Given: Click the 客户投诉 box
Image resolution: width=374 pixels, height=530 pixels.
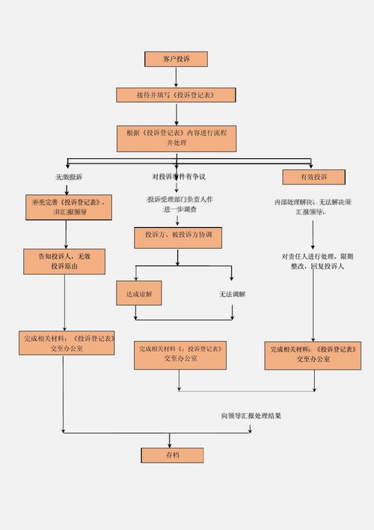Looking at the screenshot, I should click(x=176, y=59).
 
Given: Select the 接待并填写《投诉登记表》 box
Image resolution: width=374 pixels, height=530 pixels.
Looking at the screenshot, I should click(x=176, y=95).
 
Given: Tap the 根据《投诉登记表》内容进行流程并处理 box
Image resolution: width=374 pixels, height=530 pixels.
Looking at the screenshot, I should click(x=177, y=137).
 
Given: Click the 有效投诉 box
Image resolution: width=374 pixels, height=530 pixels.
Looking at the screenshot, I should click(x=313, y=177).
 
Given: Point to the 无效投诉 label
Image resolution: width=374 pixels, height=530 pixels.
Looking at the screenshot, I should click(x=69, y=177).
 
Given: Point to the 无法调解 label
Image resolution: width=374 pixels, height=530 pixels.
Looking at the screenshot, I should click(x=233, y=295).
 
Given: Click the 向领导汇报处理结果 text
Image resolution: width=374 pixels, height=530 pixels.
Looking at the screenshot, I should click(x=251, y=415).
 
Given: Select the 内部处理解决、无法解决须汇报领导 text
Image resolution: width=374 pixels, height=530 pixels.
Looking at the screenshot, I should click(x=313, y=207).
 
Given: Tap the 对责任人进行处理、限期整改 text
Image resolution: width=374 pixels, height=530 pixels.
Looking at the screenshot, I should click(x=313, y=261).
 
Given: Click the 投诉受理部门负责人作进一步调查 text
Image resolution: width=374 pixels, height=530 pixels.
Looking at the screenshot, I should click(x=180, y=204).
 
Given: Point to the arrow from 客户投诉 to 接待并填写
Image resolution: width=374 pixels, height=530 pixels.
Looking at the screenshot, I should click(x=176, y=77).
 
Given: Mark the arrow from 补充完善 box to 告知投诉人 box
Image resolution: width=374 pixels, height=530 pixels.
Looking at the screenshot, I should click(x=67, y=235).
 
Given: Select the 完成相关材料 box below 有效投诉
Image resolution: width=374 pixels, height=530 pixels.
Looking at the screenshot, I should click(x=313, y=355).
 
